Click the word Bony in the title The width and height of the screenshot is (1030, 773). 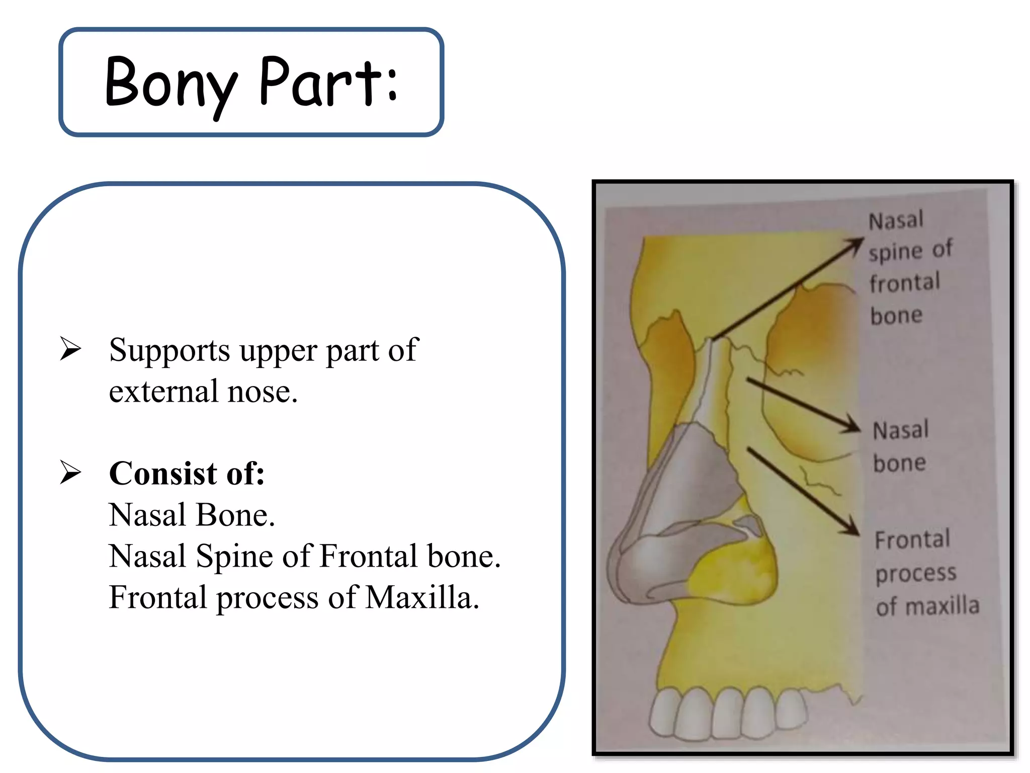[x=170, y=83]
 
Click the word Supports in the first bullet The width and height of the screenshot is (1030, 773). [x=169, y=351]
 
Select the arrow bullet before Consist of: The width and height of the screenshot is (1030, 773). [x=70, y=473]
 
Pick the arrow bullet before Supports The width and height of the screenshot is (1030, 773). [x=70, y=348]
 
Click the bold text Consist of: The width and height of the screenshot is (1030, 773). [x=187, y=474]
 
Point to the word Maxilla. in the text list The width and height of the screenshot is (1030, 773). [x=422, y=597]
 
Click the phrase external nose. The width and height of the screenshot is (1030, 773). [x=203, y=392]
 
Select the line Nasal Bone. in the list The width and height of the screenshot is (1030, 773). [x=192, y=515]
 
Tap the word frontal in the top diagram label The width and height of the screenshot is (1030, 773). [x=905, y=283]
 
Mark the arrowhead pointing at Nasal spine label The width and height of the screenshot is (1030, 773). [x=856, y=244]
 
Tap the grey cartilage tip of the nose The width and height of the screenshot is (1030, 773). [x=649, y=564]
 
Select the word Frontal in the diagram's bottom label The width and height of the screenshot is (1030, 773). [x=912, y=540]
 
